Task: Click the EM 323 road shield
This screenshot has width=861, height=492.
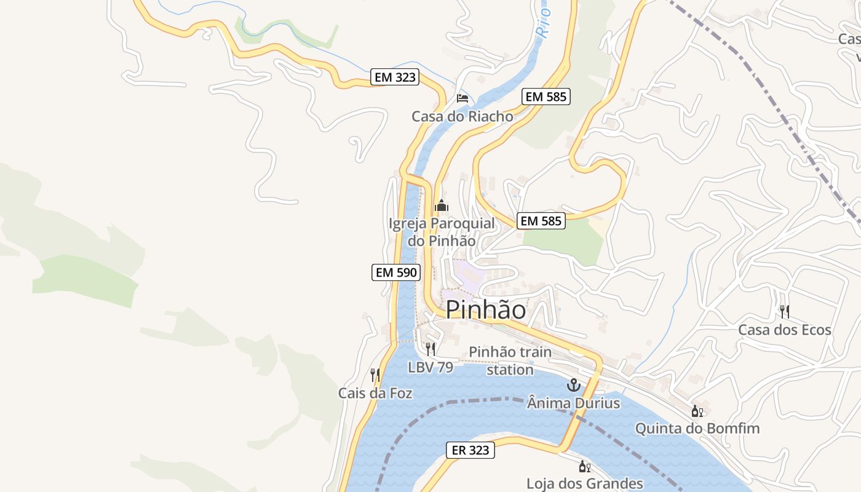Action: (x=395, y=77)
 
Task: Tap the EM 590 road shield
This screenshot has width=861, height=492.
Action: (x=395, y=272)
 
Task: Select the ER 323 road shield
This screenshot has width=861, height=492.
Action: (x=470, y=450)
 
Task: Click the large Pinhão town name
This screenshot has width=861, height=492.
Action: (x=486, y=309)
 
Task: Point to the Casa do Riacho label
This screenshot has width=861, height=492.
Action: (x=462, y=116)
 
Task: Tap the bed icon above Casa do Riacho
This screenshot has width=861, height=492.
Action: (x=462, y=98)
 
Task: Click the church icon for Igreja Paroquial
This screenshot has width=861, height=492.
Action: (x=442, y=206)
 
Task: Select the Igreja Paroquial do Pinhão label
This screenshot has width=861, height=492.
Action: (x=442, y=232)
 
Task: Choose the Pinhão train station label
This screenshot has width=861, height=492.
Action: (x=510, y=360)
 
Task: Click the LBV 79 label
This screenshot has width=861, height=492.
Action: (x=430, y=367)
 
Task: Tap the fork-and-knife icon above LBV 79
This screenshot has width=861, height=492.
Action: (x=430, y=349)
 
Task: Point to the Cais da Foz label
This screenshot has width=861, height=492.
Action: (x=375, y=393)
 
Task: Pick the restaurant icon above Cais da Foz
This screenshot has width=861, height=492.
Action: (x=375, y=375)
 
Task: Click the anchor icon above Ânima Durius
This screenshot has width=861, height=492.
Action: (x=573, y=386)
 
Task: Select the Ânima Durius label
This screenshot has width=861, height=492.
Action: (x=573, y=403)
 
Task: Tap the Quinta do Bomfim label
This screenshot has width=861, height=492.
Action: (x=697, y=428)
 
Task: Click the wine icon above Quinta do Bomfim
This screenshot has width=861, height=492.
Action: (x=697, y=411)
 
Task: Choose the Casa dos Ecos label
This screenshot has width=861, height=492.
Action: (x=784, y=330)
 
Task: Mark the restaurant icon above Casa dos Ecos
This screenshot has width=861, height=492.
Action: (x=784, y=311)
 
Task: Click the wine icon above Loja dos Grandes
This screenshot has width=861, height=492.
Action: (x=585, y=466)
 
